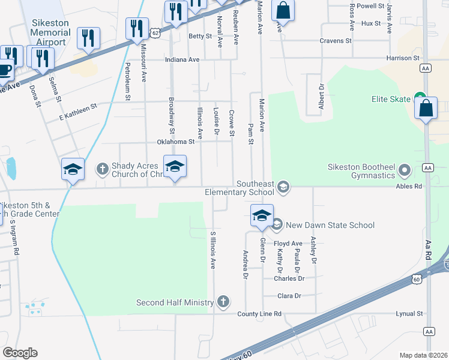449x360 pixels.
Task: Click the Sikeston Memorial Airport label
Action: click(50, 32)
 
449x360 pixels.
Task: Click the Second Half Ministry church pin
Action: click(223, 301)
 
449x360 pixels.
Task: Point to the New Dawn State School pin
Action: click(277, 225)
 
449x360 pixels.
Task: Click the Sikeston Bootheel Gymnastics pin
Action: click(405, 171)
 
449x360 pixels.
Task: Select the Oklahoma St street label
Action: click(176, 142)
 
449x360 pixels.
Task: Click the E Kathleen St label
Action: click(77, 108)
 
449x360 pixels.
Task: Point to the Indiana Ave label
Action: click(182, 59)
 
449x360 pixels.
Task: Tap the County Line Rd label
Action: click(259, 314)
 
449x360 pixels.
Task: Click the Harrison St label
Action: click(402, 58)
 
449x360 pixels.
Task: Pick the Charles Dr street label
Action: click(289, 278)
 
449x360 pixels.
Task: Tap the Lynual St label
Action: click(409, 313)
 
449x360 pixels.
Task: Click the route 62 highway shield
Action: click(155, 31)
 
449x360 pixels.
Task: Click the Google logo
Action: click(20, 353)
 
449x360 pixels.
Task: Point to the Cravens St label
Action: click(336, 40)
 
